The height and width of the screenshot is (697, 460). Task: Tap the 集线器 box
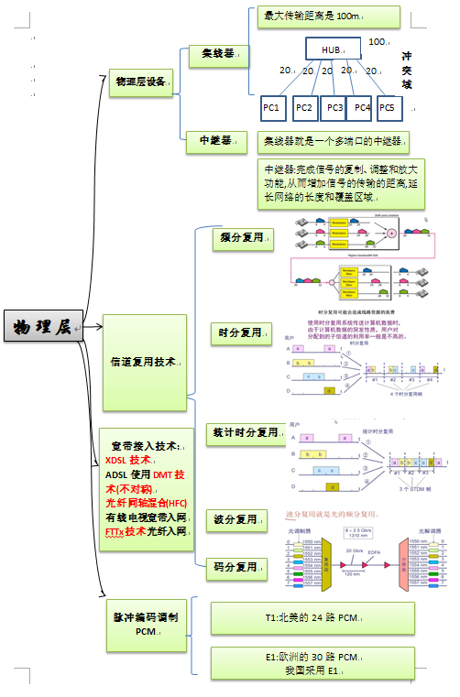tap(216, 55)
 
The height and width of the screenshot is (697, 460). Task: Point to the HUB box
tap(330, 49)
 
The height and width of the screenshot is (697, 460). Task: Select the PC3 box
tap(334, 107)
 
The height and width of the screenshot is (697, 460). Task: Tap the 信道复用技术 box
tap(147, 362)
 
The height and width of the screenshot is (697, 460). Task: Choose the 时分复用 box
tap(242, 332)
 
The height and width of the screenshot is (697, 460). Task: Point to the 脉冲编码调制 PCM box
tap(147, 625)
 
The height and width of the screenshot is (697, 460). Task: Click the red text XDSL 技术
tap(128, 460)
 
